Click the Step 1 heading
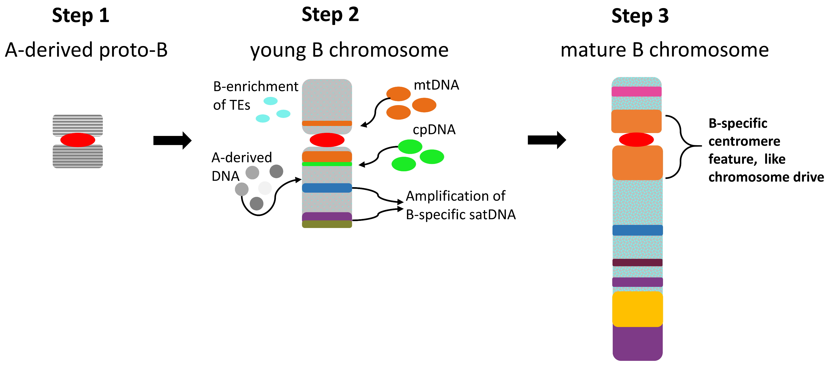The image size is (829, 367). (x=81, y=15)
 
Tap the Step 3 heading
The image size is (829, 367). (x=640, y=16)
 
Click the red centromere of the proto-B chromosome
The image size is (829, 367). (x=77, y=140)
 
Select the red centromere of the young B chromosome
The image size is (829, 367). (x=327, y=140)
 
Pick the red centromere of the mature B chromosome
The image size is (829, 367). (x=636, y=139)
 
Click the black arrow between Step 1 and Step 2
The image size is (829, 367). (x=172, y=140)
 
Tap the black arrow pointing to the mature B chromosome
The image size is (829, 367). (x=546, y=140)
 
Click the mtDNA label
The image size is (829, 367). (x=436, y=85)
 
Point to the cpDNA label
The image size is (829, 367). (x=434, y=130)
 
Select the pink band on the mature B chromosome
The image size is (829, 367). (x=636, y=92)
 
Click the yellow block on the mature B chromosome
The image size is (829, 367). (x=637, y=309)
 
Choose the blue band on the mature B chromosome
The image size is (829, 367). (x=637, y=230)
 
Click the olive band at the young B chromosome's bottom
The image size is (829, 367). (x=327, y=224)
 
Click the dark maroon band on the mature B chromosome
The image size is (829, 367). (x=637, y=262)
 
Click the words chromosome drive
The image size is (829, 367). (x=766, y=177)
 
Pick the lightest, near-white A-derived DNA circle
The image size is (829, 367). (x=265, y=188)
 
